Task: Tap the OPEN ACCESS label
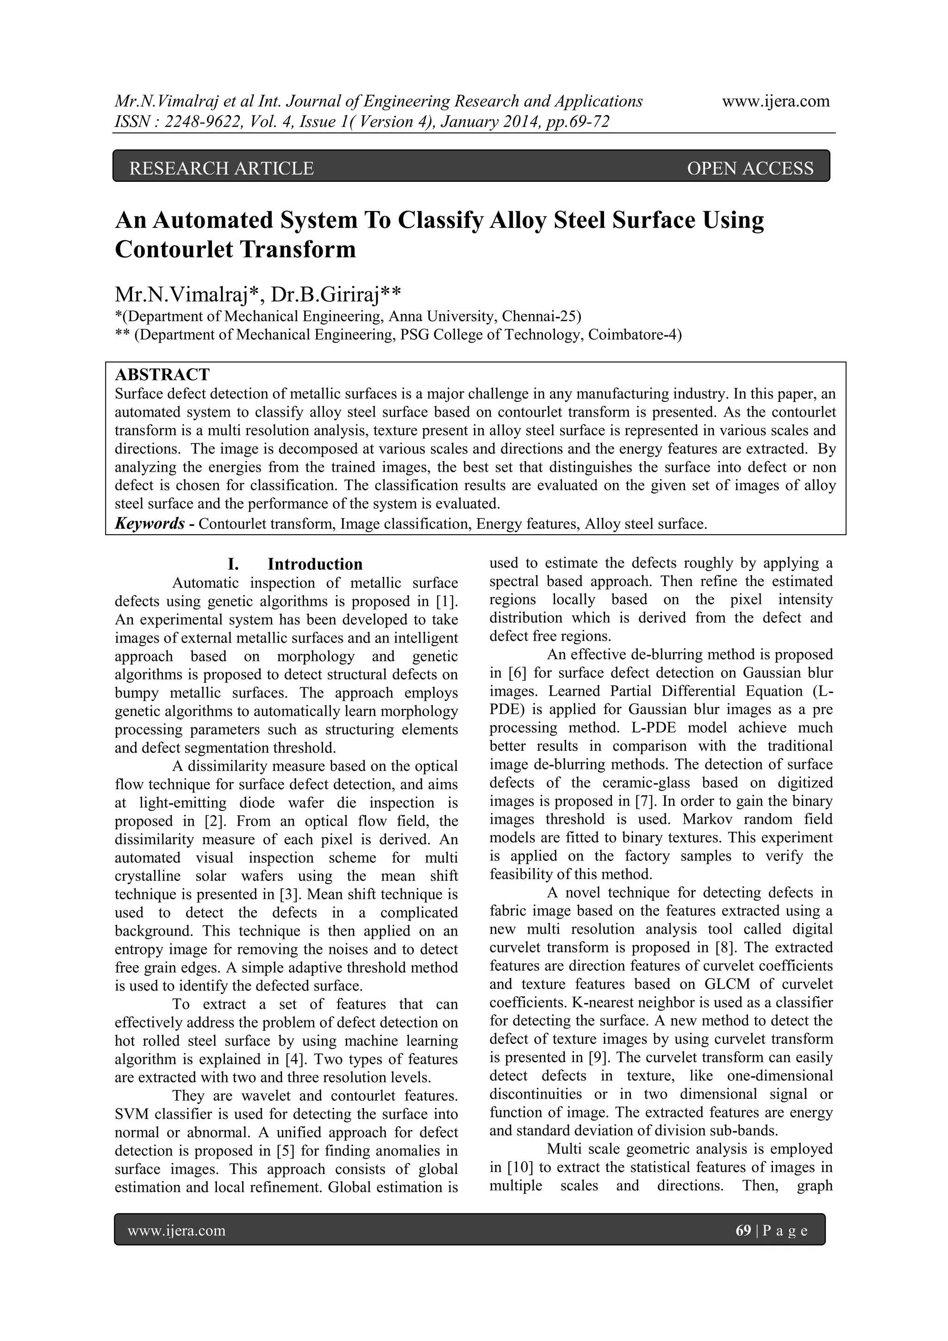click(x=750, y=169)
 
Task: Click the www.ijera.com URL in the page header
click(x=776, y=102)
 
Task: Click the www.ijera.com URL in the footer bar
click(x=176, y=1231)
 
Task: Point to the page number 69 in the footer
click(x=743, y=1231)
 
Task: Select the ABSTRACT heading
click(x=162, y=374)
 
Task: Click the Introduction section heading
click(x=315, y=564)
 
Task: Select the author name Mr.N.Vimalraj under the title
click(x=181, y=294)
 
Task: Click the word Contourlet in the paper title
click(x=172, y=249)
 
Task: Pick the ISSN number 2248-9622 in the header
click(x=198, y=122)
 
